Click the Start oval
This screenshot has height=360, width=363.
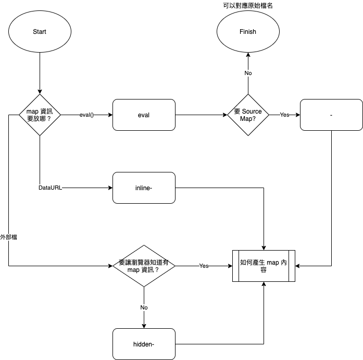click(x=40, y=32)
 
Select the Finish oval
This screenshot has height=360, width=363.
click(x=248, y=32)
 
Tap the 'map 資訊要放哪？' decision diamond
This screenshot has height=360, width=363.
click(x=40, y=115)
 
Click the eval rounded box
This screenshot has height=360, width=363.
click(x=144, y=115)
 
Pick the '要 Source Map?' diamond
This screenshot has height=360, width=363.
click(x=248, y=115)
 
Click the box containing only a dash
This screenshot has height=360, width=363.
click(x=331, y=115)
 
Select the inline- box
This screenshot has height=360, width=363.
click(x=144, y=188)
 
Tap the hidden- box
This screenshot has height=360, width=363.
click(x=144, y=344)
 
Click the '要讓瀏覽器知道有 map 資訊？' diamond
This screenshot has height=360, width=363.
click(x=144, y=266)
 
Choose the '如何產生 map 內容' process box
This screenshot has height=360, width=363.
click(x=264, y=266)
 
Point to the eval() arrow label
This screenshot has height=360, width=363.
click(x=86, y=115)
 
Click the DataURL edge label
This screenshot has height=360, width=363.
click(x=50, y=188)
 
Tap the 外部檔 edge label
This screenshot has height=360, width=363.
click(x=9, y=237)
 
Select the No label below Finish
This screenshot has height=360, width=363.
click(x=248, y=73)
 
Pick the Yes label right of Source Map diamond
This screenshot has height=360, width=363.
click(x=284, y=115)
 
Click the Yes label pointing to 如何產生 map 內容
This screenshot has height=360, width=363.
click(x=204, y=266)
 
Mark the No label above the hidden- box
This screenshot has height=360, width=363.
click(x=144, y=307)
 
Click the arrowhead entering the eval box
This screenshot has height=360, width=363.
click(x=110, y=115)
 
